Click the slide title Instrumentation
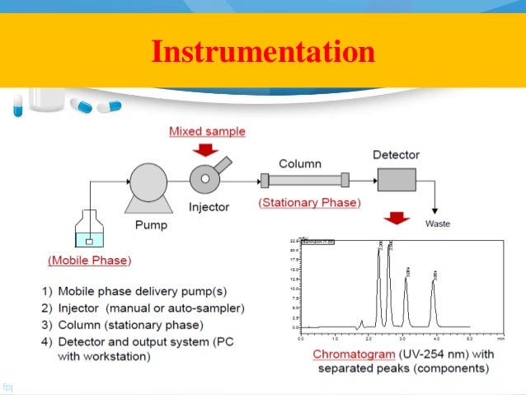click(x=262, y=53)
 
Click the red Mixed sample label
click(x=207, y=131)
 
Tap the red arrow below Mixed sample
click(x=207, y=149)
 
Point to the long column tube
click(x=304, y=180)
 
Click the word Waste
click(x=437, y=223)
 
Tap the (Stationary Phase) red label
click(x=308, y=202)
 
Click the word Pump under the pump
click(x=151, y=224)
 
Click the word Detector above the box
click(x=396, y=154)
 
